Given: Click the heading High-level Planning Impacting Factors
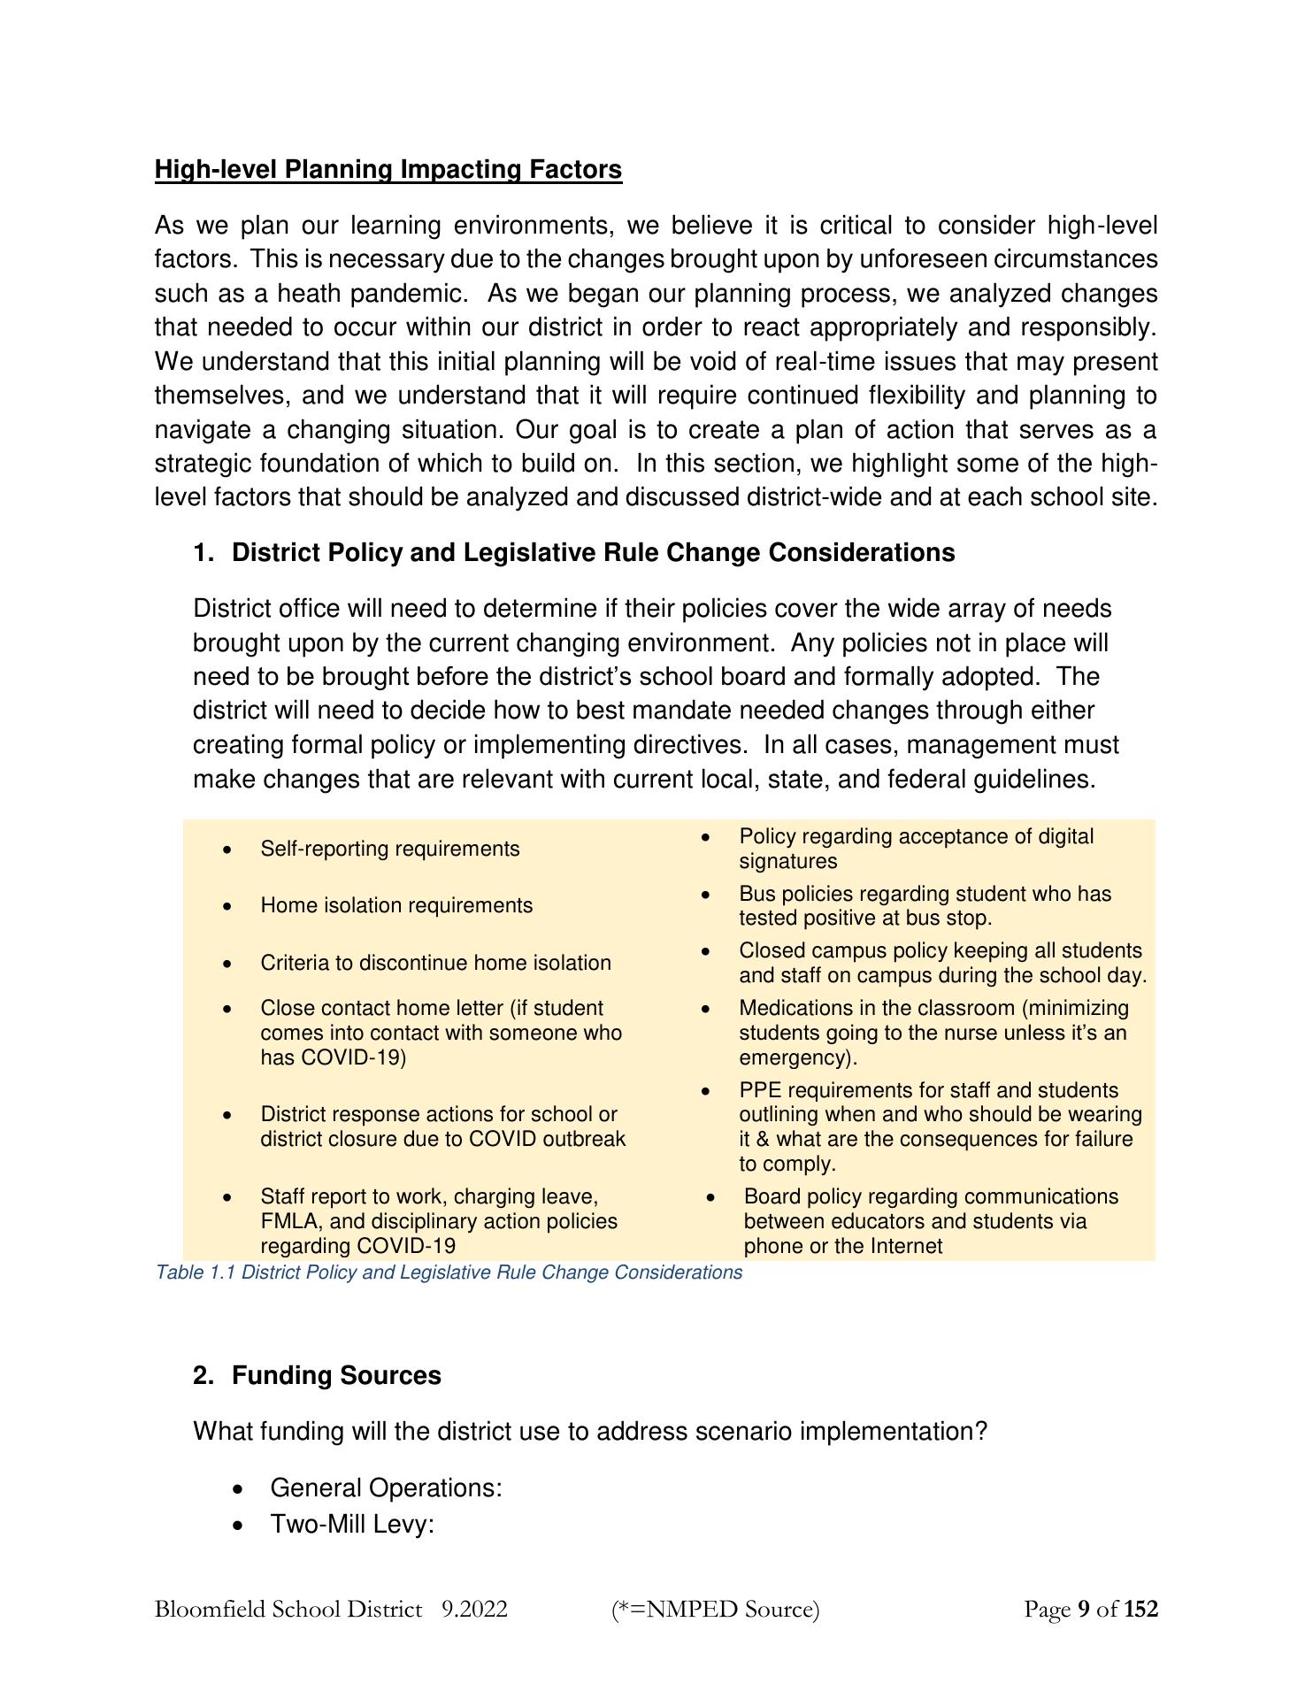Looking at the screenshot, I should point(388,169).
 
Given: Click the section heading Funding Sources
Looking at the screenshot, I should point(336,1375).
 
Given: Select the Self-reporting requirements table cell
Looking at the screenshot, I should point(389,849).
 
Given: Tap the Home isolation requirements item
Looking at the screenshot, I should point(396,905).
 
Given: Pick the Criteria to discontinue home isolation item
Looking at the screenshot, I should point(435,963).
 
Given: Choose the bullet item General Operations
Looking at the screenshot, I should point(386,1488).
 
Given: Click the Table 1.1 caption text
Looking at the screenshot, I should point(449,1272).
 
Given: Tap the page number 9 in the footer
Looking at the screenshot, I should point(1084,1608).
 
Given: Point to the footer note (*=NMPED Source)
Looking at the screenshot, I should point(716,1608).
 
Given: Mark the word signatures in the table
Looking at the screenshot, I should point(787,861).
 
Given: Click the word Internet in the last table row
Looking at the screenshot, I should point(906,1246).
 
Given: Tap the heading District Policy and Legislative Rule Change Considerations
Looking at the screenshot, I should point(593,552).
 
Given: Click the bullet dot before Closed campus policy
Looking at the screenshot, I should point(706,951).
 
